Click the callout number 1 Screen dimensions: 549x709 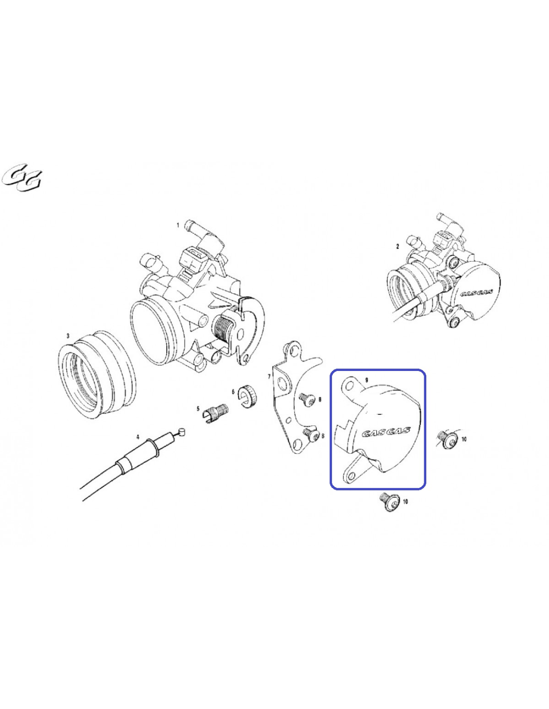coord(178,225)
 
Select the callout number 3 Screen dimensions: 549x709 coord(68,336)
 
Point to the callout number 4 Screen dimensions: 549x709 coord(137,437)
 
